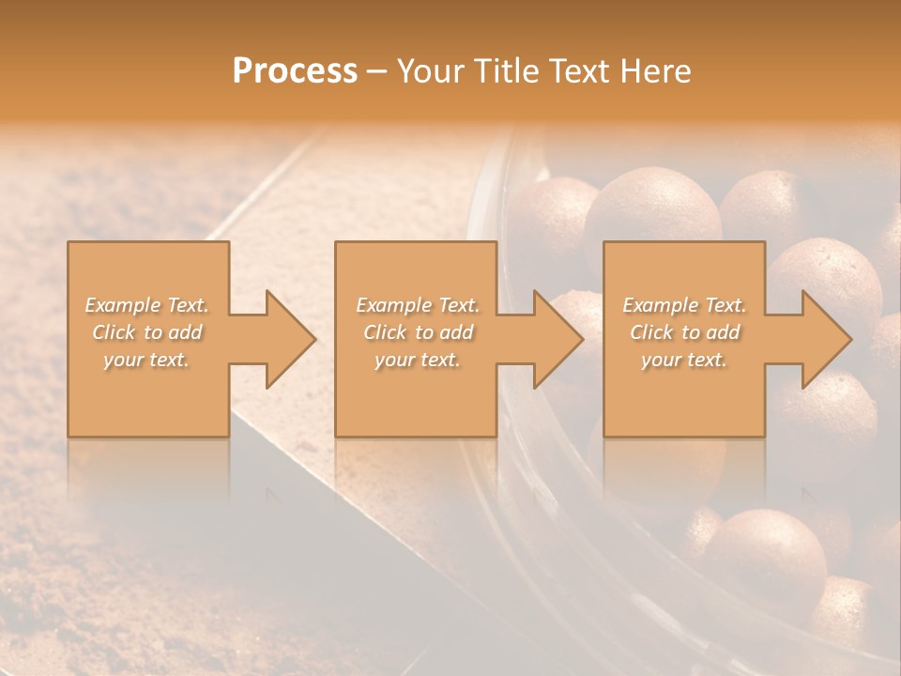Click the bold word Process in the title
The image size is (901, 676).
[295, 71]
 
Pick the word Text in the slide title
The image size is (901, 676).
[580, 71]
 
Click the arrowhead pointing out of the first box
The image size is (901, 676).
[285, 339]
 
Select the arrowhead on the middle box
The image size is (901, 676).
[554, 339]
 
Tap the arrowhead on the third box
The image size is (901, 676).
[822, 339]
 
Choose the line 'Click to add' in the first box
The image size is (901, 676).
[147, 332]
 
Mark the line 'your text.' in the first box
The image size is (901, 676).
[146, 360]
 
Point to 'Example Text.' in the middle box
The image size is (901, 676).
[417, 305]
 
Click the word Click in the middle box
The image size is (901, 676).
[384, 332]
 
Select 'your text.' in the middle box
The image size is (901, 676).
[417, 360]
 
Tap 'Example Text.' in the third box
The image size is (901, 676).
[684, 305]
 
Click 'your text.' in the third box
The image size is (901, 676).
[684, 360]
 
